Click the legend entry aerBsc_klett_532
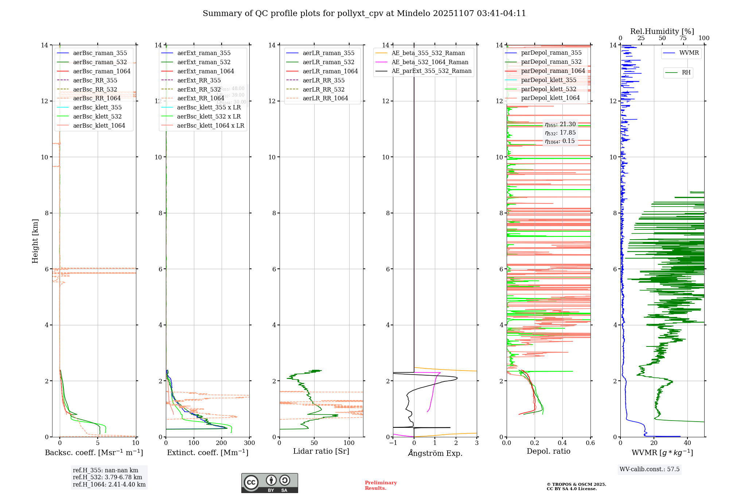pyautogui.click(x=97, y=117)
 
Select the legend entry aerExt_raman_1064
pyautogui.click(x=206, y=71)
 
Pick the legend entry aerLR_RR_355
pyautogui.click(x=323, y=80)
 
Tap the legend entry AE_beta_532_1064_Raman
pyautogui.click(x=430, y=62)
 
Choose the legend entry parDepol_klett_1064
pyautogui.click(x=550, y=98)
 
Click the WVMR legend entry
pyautogui.click(x=689, y=53)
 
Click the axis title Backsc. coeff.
pyautogui.click(x=94, y=453)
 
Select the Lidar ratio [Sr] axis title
pyautogui.click(x=321, y=451)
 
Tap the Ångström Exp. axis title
pyautogui.click(x=435, y=453)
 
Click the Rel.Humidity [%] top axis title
pyautogui.click(x=662, y=31)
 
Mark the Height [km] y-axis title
pyautogui.click(x=35, y=241)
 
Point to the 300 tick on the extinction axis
pyautogui.click(x=250, y=443)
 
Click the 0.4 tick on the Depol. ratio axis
pyautogui.click(x=562, y=443)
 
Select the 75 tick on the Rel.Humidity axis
pyautogui.click(x=683, y=38)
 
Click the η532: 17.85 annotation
pyautogui.click(x=560, y=133)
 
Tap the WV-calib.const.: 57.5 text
pyautogui.click(x=650, y=469)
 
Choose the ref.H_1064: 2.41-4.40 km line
pyautogui.click(x=109, y=485)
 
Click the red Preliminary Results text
pyautogui.click(x=381, y=485)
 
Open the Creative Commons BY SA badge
pyautogui.click(x=269, y=483)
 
